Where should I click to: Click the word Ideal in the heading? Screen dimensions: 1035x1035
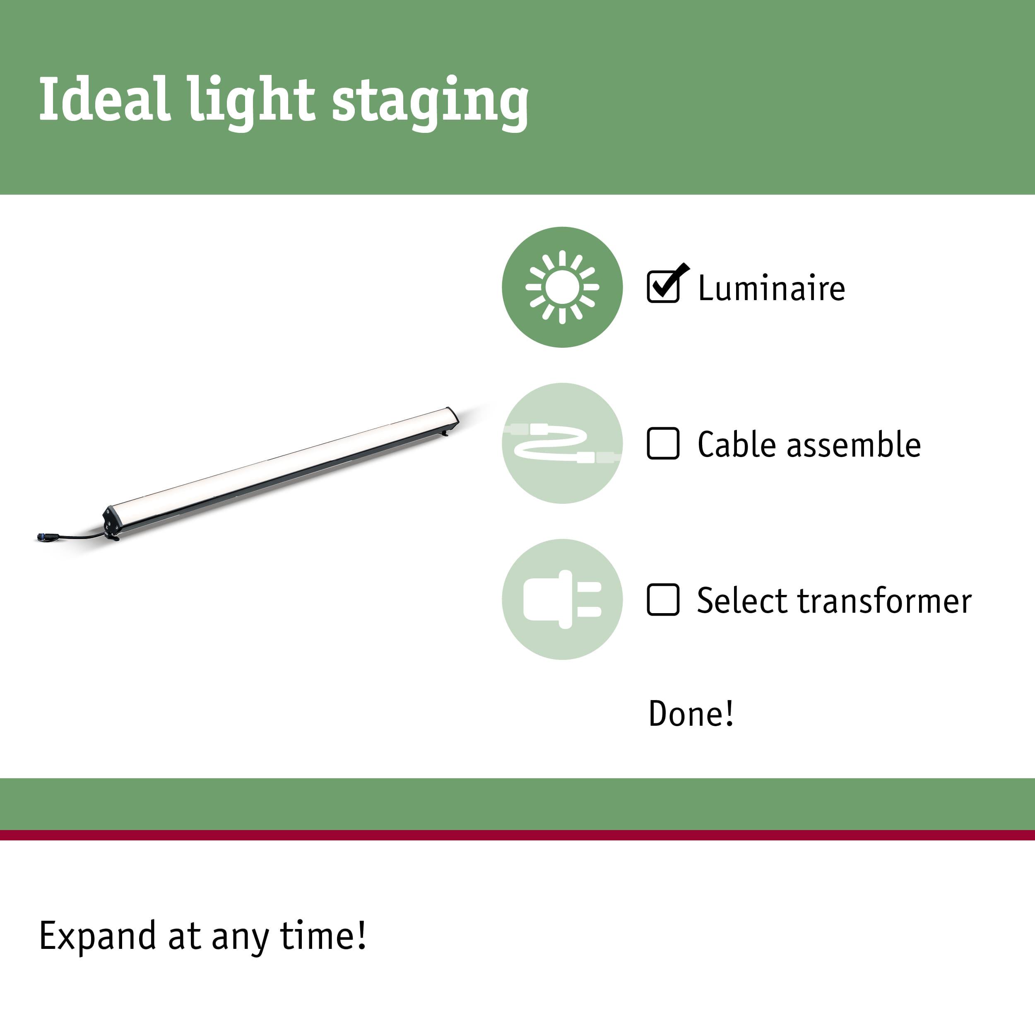coord(105,99)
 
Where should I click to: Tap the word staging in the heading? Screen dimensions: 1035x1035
coord(430,103)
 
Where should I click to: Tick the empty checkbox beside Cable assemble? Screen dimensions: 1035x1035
coord(663,443)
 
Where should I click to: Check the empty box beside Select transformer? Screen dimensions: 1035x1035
coord(663,599)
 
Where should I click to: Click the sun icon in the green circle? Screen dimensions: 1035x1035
coord(562,287)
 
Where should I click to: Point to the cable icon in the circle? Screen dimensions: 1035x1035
coord(562,443)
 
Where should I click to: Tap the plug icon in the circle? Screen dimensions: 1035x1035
coord(562,599)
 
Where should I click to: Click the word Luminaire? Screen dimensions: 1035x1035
coord(771,288)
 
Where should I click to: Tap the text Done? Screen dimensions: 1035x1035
coord(691,714)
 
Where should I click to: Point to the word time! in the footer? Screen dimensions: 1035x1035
coord(323,935)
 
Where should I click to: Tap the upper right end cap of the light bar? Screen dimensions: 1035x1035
coord(452,417)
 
